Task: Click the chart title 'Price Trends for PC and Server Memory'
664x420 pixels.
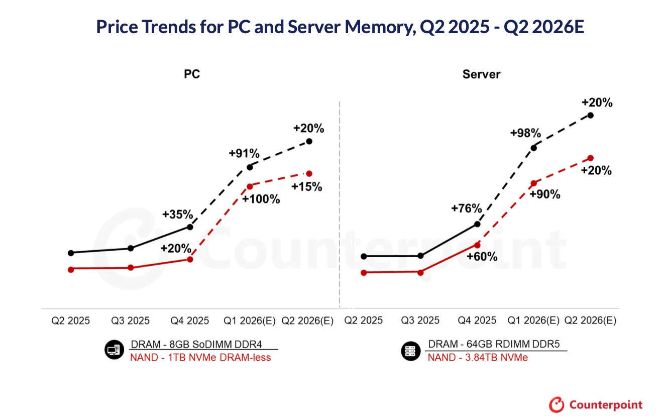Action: coord(340,27)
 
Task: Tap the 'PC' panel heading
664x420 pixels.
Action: coord(192,74)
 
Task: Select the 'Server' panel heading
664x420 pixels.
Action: coord(481,74)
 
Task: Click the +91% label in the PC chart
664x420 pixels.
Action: coord(244,153)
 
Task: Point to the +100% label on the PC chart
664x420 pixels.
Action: coord(261,199)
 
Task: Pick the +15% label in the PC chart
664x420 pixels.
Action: coord(306,186)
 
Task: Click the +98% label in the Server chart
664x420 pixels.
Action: coord(525,133)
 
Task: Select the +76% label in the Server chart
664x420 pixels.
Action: coord(467,208)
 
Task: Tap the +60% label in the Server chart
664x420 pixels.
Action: coord(482,257)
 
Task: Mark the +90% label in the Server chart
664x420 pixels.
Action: coord(544,194)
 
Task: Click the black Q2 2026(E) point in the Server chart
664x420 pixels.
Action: coord(590,115)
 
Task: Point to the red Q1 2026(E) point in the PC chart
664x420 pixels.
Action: coord(250,186)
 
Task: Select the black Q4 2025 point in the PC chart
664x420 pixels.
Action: coord(190,227)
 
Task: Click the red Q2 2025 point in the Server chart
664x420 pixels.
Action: coord(363,272)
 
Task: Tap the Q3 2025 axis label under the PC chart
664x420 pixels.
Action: coord(130,321)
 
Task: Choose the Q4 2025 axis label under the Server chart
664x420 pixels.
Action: coord(477,321)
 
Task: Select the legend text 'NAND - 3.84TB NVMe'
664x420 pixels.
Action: coord(478,358)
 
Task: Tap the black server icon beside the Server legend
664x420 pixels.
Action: coord(411,351)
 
